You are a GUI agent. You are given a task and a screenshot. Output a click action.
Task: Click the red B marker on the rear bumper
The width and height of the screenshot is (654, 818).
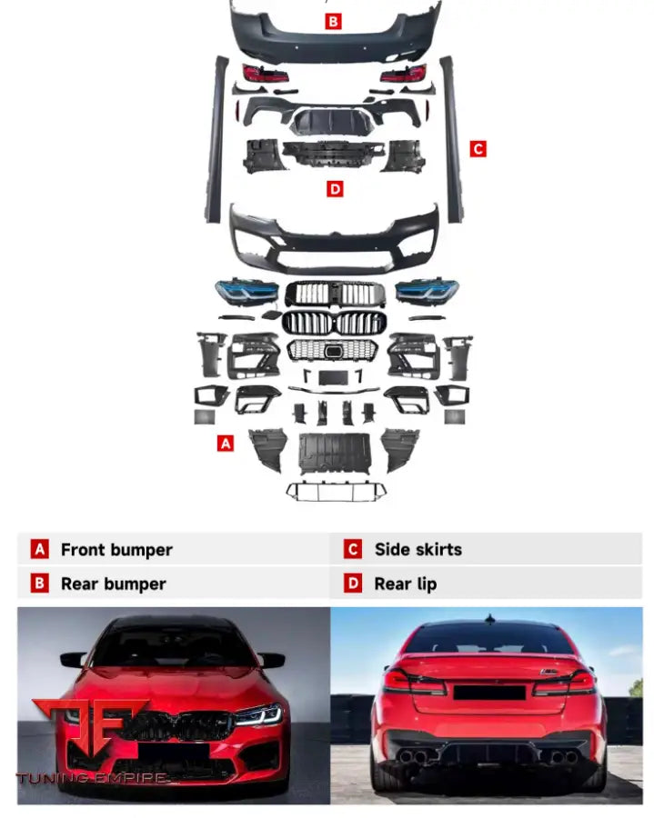333,22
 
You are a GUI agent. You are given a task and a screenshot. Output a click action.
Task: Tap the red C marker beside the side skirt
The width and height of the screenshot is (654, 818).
478,149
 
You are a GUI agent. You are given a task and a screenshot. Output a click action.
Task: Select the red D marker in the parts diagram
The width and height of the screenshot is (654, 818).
335,189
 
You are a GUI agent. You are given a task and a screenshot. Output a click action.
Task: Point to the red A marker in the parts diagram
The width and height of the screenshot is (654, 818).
226,444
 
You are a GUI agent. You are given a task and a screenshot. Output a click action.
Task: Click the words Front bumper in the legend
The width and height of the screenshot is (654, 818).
116,550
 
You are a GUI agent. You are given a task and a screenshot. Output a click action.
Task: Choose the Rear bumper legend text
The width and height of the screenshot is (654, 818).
114,584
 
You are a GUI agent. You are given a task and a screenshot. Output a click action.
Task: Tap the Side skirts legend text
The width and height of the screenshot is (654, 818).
418,549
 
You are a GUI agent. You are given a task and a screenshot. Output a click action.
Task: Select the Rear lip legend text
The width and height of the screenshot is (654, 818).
406,584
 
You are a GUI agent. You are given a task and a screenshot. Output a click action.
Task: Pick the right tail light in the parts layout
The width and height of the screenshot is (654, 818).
403,74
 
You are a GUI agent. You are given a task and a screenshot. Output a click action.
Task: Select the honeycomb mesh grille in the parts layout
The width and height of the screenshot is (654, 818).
333,350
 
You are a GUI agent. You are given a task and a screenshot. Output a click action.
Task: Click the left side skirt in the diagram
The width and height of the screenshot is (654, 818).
216,140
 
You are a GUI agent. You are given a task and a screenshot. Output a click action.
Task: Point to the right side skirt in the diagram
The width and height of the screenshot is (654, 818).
453,140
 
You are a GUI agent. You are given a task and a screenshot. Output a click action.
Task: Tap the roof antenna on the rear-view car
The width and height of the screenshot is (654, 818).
489,619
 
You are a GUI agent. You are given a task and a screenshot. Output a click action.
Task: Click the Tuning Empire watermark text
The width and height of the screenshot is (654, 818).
93,778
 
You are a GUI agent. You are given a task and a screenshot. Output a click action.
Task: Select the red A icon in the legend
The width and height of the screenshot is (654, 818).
40,549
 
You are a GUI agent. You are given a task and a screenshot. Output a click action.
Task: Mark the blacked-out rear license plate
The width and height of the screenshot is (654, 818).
489,693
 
